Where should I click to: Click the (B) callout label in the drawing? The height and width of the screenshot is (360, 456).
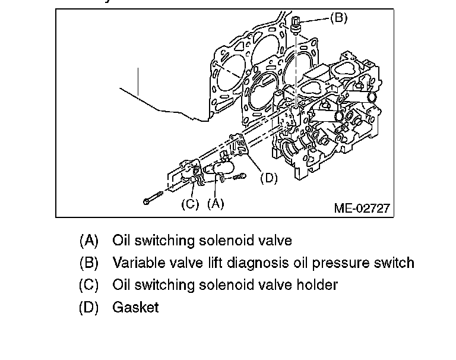coord(338,18)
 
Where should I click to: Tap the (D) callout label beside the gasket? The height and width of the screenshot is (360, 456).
coord(269,178)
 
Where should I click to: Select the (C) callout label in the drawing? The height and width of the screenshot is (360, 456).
coord(190,204)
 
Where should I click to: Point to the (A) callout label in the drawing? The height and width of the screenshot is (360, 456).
coord(215,204)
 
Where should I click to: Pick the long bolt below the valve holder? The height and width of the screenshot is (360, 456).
coord(157,198)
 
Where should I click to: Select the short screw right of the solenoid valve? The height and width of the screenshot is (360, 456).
coord(235,176)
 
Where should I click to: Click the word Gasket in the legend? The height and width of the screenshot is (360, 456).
coord(135,307)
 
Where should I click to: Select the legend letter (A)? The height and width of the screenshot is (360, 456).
coord(88,241)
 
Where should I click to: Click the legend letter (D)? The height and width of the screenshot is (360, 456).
coord(88,307)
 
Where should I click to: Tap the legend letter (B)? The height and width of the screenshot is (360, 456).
coord(88,263)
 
